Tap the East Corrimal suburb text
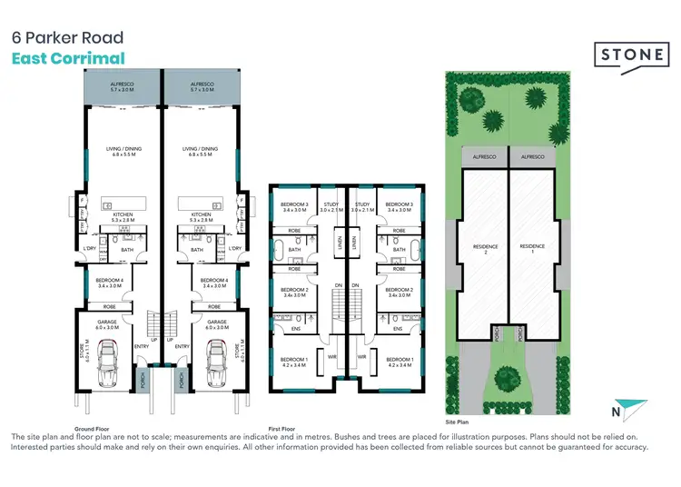(x=67, y=58)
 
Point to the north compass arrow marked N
(x=624, y=411)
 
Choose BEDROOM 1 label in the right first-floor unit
(x=399, y=362)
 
